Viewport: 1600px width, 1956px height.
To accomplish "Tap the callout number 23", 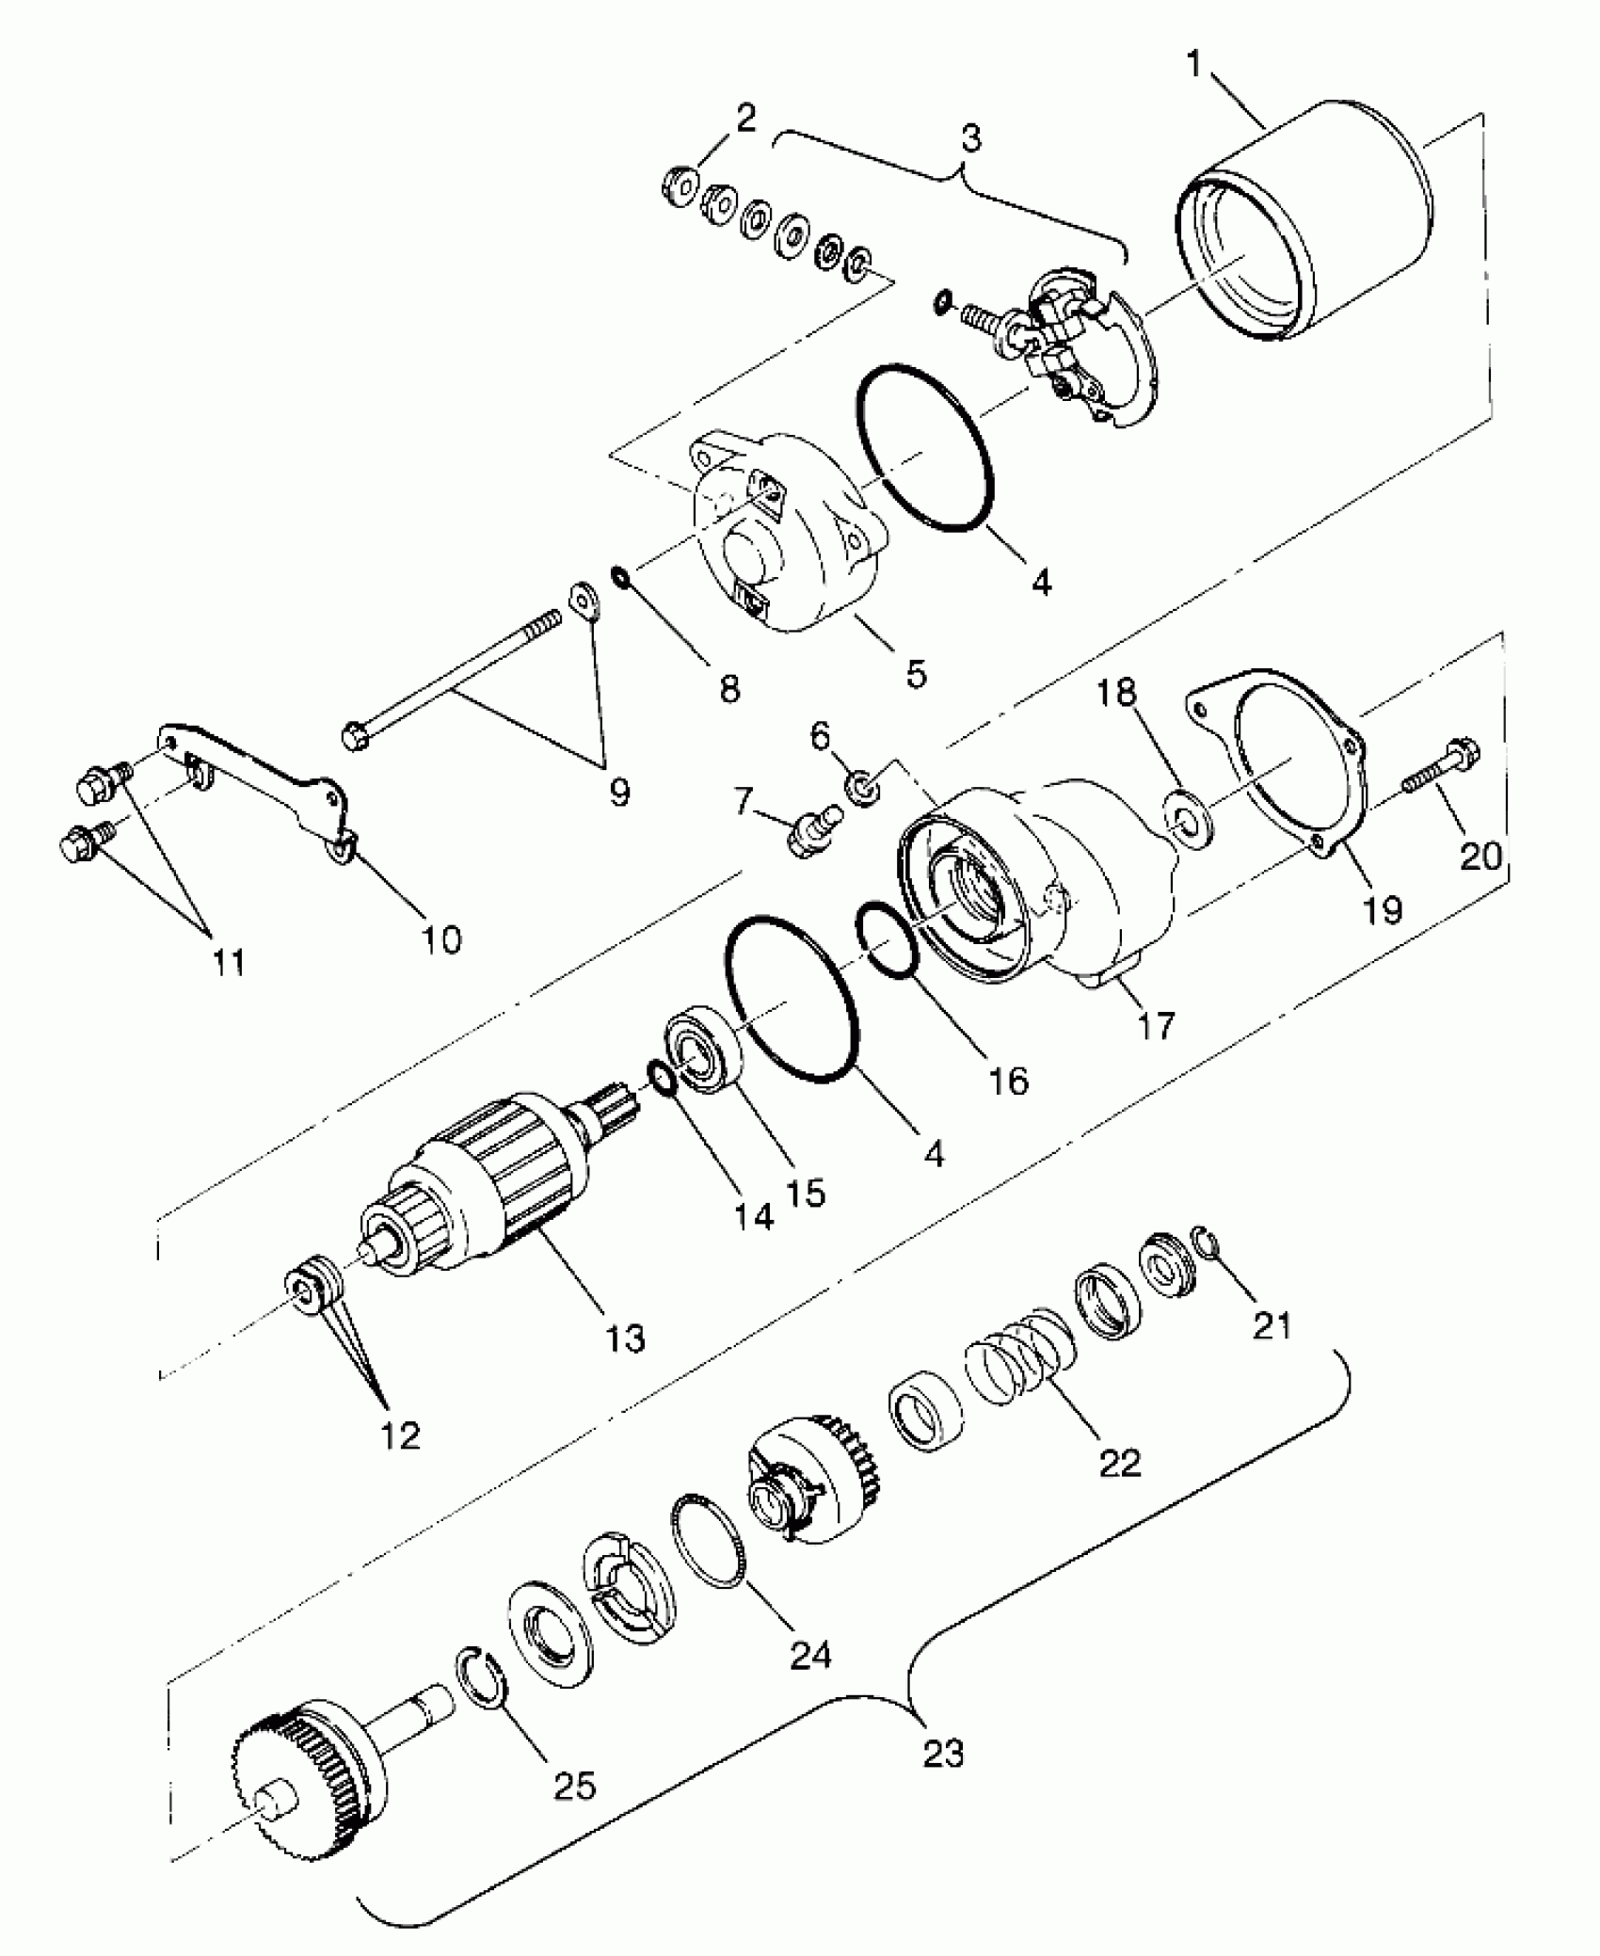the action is click(x=944, y=1753).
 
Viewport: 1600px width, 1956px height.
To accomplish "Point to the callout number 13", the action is click(x=626, y=1337).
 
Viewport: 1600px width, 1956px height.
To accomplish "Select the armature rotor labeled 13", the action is click(x=489, y=1186).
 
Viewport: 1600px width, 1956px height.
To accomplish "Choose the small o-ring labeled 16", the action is click(x=888, y=941).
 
